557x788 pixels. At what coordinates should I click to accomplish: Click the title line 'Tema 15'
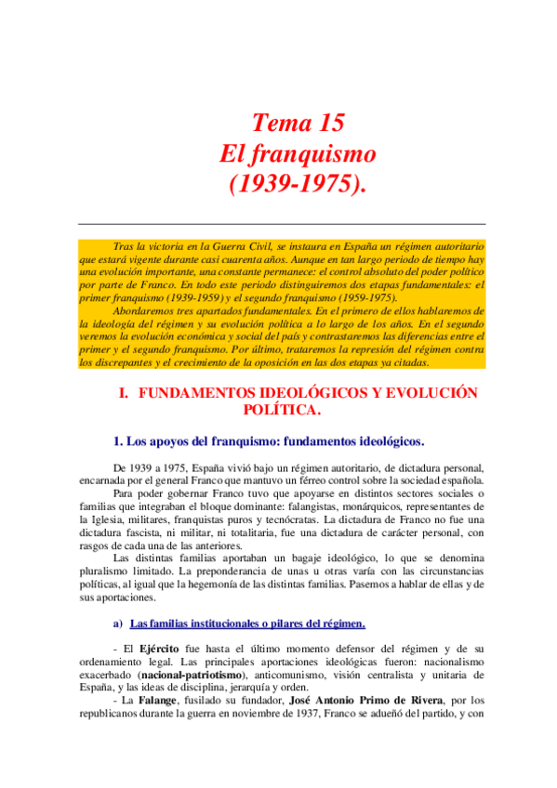point(298,122)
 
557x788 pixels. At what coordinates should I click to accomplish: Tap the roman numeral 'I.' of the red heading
point(123,393)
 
